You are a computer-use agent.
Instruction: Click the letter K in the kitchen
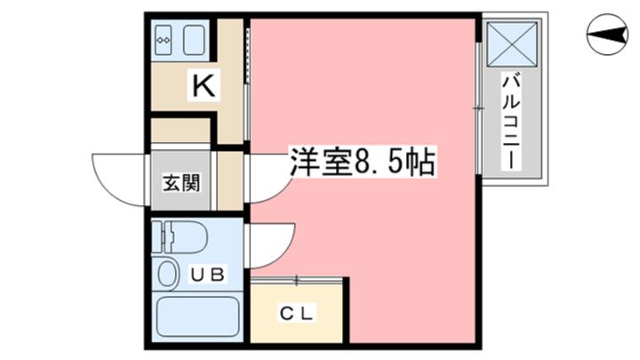click(x=204, y=85)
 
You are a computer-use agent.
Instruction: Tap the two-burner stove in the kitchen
click(x=164, y=39)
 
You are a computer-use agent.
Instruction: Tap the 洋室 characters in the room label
click(x=316, y=164)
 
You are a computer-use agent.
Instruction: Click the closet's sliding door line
click(x=297, y=281)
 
